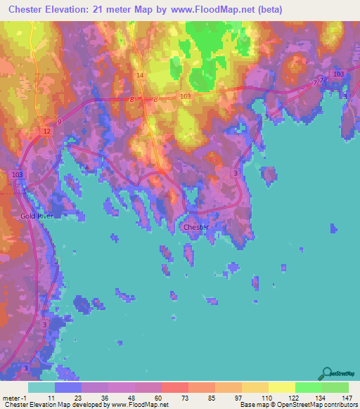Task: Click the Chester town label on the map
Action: tap(195, 227)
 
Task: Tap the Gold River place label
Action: tap(37, 216)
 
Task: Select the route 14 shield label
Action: tap(140, 75)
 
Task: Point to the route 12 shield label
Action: tap(46, 131)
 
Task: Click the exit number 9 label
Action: tap(59, 122)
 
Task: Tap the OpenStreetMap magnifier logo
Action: tap(328, 373)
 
